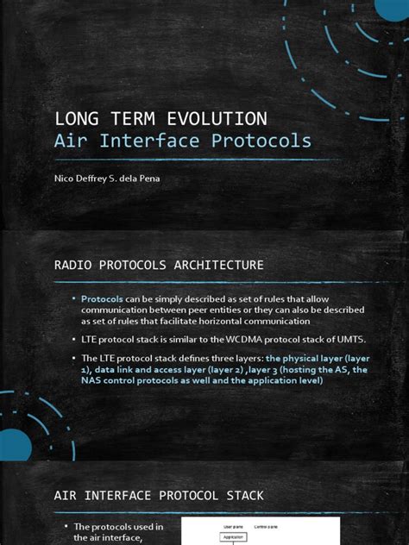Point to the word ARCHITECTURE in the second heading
click(x=216, y=264)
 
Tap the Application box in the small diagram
click(x=235, y=536)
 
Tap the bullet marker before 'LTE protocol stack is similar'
click(x=74, y=339)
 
